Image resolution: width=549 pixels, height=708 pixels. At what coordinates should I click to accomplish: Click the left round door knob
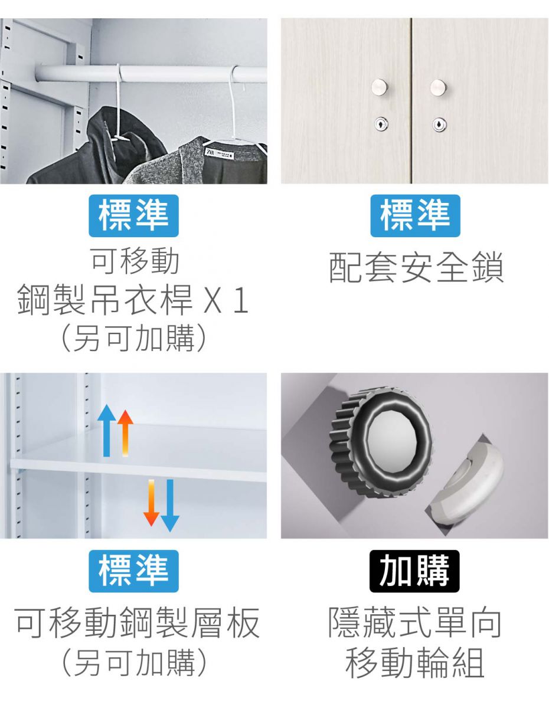(380, 87)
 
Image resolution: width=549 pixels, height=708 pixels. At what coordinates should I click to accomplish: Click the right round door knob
(438, 87)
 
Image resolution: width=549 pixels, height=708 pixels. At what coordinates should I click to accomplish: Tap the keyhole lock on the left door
(381, 124)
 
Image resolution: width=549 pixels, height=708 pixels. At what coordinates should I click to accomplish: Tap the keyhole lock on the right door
(439, 124)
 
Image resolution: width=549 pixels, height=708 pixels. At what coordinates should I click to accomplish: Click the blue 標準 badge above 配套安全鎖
(415, 216)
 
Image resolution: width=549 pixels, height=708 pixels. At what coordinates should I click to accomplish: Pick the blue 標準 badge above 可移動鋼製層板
(133, 571)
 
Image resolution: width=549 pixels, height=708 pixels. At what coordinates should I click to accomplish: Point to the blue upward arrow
(106, 430)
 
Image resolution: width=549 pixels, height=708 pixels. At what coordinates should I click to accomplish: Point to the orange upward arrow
(125, 433)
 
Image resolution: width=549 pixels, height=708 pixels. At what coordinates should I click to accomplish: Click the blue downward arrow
(170, 506)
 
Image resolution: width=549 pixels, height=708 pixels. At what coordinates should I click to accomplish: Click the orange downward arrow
(151, 503)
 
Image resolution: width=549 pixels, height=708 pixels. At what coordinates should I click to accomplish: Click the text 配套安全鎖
(416, 267)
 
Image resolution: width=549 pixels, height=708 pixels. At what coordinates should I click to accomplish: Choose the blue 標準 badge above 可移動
(133, 216)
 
